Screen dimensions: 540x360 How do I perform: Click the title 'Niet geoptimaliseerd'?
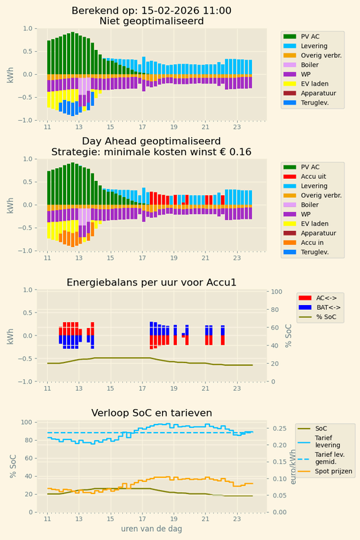(151, 21)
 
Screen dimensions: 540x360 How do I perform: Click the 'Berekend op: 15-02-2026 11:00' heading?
(151, 10)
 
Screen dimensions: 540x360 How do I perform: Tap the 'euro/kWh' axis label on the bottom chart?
(292, 467)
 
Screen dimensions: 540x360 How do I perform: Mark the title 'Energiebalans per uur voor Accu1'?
(151, 282)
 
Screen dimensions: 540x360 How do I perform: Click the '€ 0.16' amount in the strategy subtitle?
(238, 152)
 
